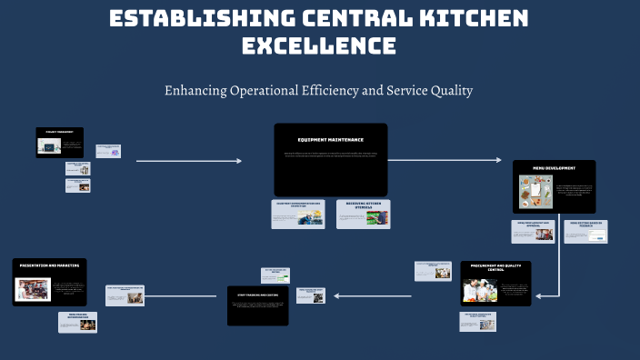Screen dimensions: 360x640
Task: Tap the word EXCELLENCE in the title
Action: (319, 45)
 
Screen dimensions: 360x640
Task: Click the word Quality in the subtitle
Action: (448, 91)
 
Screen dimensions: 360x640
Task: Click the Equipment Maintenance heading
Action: (330, 140)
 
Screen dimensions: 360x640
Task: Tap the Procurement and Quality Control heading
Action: (495, 268)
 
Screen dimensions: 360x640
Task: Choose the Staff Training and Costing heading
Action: (256, 294)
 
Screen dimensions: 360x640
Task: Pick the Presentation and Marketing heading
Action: (49, 265)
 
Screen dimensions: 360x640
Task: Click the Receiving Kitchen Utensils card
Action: (363, 214)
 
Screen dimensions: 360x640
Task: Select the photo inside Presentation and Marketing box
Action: (33, 289)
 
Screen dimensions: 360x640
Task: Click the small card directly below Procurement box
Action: (477, 321)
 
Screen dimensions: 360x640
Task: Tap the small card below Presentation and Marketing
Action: (77, 323)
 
